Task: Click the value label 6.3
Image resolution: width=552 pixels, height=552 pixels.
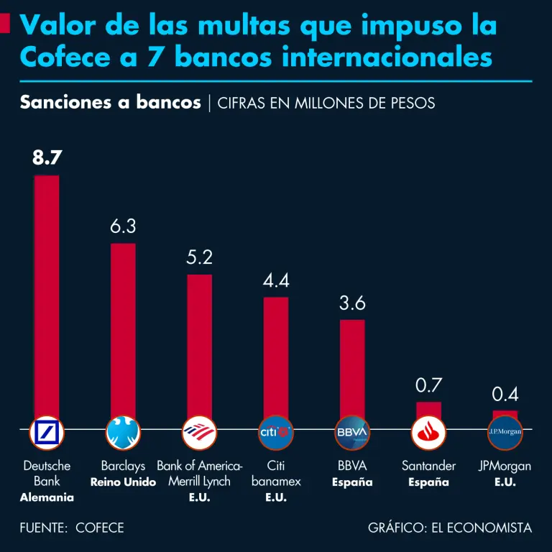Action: point(123,226)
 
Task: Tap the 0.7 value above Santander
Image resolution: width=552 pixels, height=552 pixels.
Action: point(428,385)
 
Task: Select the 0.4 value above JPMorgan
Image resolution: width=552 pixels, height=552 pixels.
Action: point(505,394)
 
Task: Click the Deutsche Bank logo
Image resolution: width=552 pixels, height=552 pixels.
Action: point(47,432)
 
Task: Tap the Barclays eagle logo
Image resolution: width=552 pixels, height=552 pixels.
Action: point(124,432)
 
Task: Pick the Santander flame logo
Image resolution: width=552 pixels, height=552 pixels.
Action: point(428,432)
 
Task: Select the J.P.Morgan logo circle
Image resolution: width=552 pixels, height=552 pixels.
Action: point(505,432)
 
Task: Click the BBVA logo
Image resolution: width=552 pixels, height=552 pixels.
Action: point(352,432)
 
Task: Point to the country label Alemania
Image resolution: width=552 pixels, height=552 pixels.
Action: point(47,497)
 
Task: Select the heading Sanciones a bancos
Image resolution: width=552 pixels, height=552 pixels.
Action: point(111,103)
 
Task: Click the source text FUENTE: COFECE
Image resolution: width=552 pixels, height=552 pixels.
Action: point(72,528)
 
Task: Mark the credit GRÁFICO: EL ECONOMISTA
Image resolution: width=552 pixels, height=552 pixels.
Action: point(450,528)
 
